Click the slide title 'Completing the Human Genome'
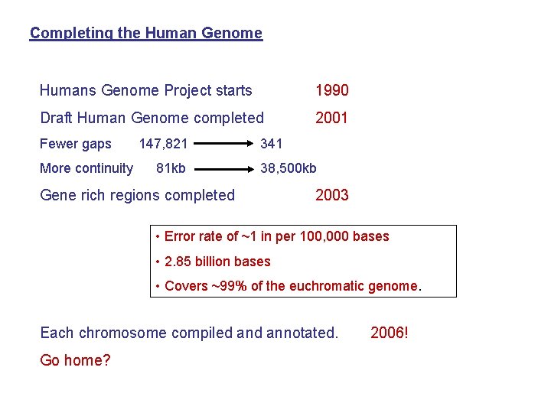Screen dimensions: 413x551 tap(145, 34)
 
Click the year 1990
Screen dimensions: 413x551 tap(331, 91)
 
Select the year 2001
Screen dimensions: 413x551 tap(331, 118)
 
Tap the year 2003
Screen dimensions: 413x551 tap(331, 195)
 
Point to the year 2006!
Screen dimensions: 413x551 tap(390, 333)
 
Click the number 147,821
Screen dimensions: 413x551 tap(163, 144)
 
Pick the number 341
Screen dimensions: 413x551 tap(272, 144)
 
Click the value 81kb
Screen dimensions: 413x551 tap(171, 168)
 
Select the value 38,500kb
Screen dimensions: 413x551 tap(289, 168)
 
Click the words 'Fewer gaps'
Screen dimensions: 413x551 tap(75, 144)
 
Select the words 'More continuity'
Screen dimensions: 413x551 tap(86, 168)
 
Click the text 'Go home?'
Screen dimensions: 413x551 tap(75, 360)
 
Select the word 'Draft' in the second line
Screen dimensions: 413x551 tap(56, 118)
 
